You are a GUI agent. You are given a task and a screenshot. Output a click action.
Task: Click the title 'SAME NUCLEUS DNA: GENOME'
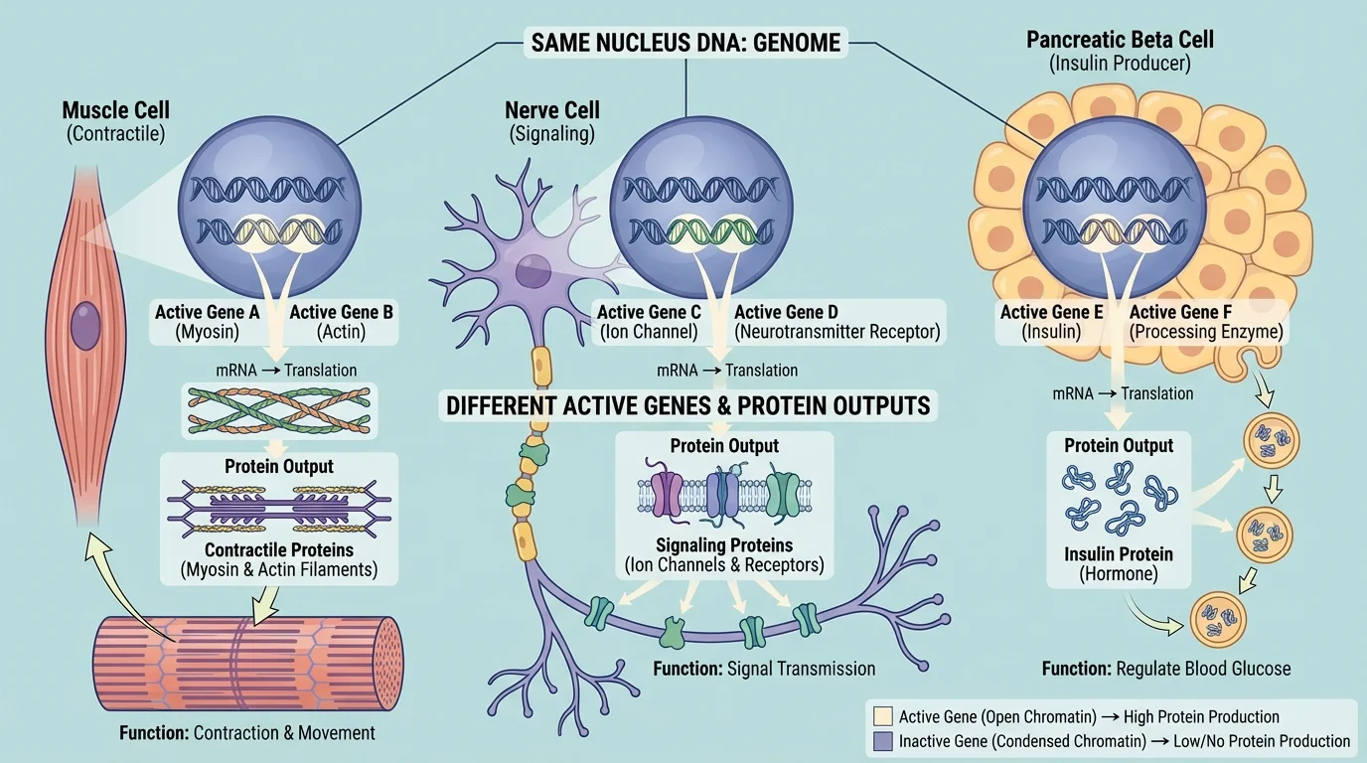coord(685,42)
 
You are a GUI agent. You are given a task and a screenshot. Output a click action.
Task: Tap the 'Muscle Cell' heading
coord(114,110)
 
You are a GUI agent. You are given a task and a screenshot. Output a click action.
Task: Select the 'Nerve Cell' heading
coord(551,109)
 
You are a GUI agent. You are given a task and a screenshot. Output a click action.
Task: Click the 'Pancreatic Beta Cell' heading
coord(1120,41)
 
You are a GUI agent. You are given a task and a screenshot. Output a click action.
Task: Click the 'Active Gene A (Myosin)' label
coord(208,322)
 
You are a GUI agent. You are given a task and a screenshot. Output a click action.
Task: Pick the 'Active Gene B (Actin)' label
coord(341,322)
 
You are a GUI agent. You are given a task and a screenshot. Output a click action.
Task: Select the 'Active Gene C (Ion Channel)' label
coord(647,322)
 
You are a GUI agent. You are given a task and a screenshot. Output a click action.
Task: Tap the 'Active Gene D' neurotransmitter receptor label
coord(835,322)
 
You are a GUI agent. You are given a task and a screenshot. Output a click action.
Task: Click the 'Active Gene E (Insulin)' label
coord(1051,322)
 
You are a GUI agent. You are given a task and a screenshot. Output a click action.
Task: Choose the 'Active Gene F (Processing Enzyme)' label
coord(1207,322)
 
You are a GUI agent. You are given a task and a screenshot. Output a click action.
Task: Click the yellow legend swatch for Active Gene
coord(881,716)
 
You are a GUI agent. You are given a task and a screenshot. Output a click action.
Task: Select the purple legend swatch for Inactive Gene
coord(881,741)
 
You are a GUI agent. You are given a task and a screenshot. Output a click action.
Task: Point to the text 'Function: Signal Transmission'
coord(764,669)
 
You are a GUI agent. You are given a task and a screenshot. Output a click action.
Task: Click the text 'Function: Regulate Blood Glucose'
coord(1166,669)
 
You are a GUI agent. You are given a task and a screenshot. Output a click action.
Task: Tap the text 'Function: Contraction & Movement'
coord(246,733)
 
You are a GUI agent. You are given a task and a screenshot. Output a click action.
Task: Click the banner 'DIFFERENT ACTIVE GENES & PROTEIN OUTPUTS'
coord(687,405)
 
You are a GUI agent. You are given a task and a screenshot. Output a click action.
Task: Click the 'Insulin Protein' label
coord(1119,554)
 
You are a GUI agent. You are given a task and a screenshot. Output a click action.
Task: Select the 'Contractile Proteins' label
coord(278,549)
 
